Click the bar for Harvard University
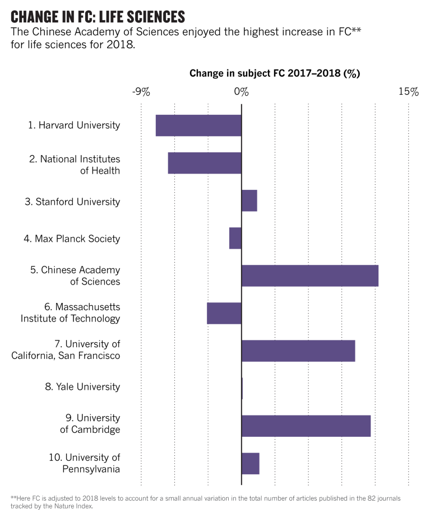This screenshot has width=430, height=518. [x=198, y=125]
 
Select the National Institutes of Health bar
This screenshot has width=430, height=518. [x=205, y=163]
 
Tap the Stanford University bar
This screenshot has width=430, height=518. [x=249, y=200]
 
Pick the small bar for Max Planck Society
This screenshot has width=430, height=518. [x=235, y=238]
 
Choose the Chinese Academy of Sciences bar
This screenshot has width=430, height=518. [x=310, y=276]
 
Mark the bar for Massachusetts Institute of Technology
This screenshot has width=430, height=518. [x=224, y=313]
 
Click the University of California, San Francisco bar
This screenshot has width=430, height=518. [x=298, y=351]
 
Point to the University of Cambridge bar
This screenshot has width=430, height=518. [x=306, y=426]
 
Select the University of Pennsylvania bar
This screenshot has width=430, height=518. [x=251, y=463]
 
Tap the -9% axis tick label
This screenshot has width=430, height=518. [x=141, y=92]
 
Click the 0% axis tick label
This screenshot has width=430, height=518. [x=241, y=92]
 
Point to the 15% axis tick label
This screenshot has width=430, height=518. [x=408, y=92]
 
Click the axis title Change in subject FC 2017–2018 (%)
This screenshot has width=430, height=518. [x=274, y=73]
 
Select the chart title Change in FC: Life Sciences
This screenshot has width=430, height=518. [x=98, y=16]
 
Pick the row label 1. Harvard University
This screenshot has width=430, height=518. [x=74, y=125]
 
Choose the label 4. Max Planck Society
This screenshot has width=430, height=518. [x=72, y=239]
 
